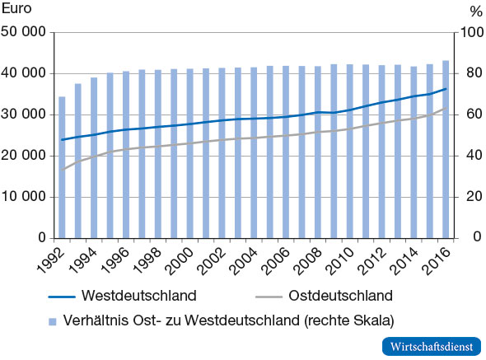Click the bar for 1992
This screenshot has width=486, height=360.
point(62,167)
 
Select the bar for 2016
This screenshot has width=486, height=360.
point(446,149)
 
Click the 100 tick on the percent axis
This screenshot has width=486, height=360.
point(471,33)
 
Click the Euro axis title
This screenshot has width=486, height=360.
point(17,11)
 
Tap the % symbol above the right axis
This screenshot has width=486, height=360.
point(474,11)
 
